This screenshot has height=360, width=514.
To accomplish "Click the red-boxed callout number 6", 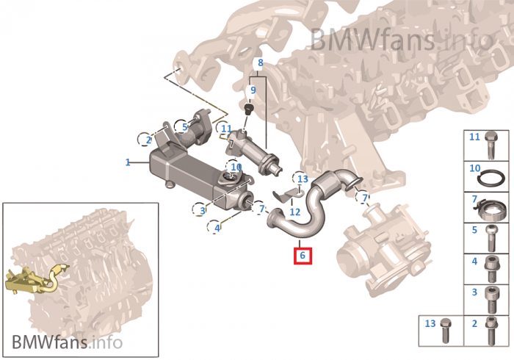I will point(302,256).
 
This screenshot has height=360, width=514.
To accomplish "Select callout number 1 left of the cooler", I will point(127,162).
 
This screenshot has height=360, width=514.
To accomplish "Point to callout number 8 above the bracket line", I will point(259,63).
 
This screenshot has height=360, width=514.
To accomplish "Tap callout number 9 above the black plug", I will point(253,90).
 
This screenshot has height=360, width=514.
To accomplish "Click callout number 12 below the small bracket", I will point(294,212).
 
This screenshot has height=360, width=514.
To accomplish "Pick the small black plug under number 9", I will point(248,109).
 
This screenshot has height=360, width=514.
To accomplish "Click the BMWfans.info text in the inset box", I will point(65,342).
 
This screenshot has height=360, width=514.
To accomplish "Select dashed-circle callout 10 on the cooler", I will point(236,168).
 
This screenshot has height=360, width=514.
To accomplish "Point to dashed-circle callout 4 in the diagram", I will point(217,228).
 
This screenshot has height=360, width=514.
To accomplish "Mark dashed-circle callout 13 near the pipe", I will point(303,179).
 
